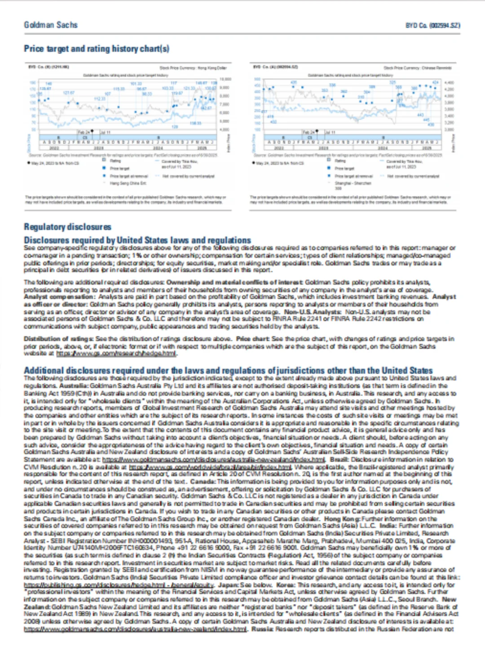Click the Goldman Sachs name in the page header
pos(51,25)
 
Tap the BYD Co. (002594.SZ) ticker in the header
pos(432,26)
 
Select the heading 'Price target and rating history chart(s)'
pos(97,49)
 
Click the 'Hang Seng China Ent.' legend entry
pos(128,183)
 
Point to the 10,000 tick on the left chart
pos(225,79)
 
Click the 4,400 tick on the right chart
pos(449,83)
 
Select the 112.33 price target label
pos(100,98)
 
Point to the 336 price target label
pos(332,85)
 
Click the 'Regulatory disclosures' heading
pos(67,227)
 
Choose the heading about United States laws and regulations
pos(137,240)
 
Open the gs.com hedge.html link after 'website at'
pos(116,354)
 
